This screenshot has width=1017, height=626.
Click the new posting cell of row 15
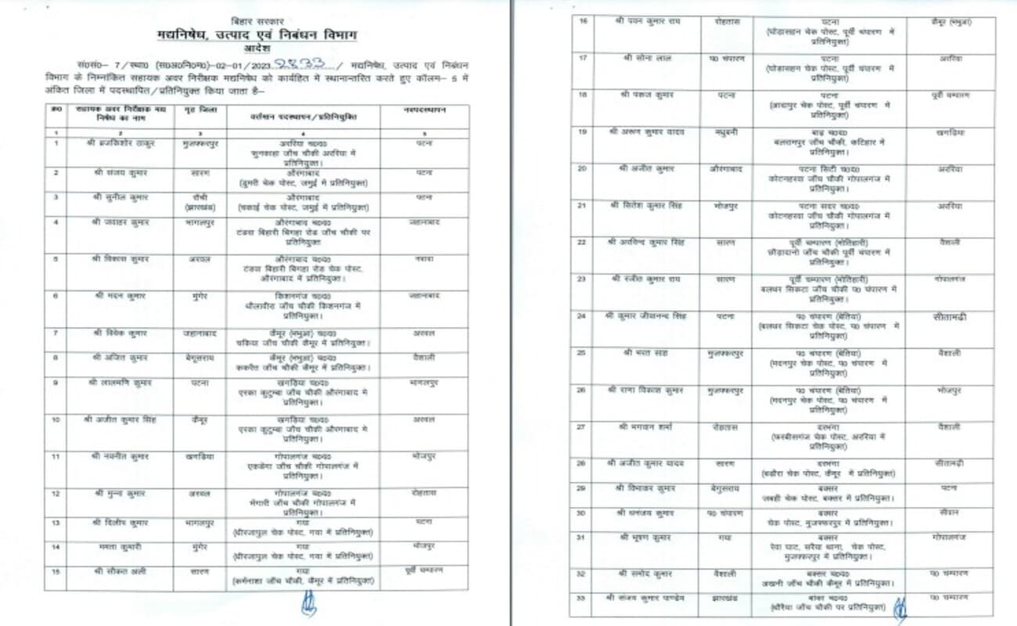[x=425, y=570]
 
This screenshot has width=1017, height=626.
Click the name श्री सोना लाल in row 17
[x=645, y=57]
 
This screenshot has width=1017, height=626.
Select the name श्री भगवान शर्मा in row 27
[x=645, y=426]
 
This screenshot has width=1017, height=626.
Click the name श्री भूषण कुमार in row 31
[x=645, y=538]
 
